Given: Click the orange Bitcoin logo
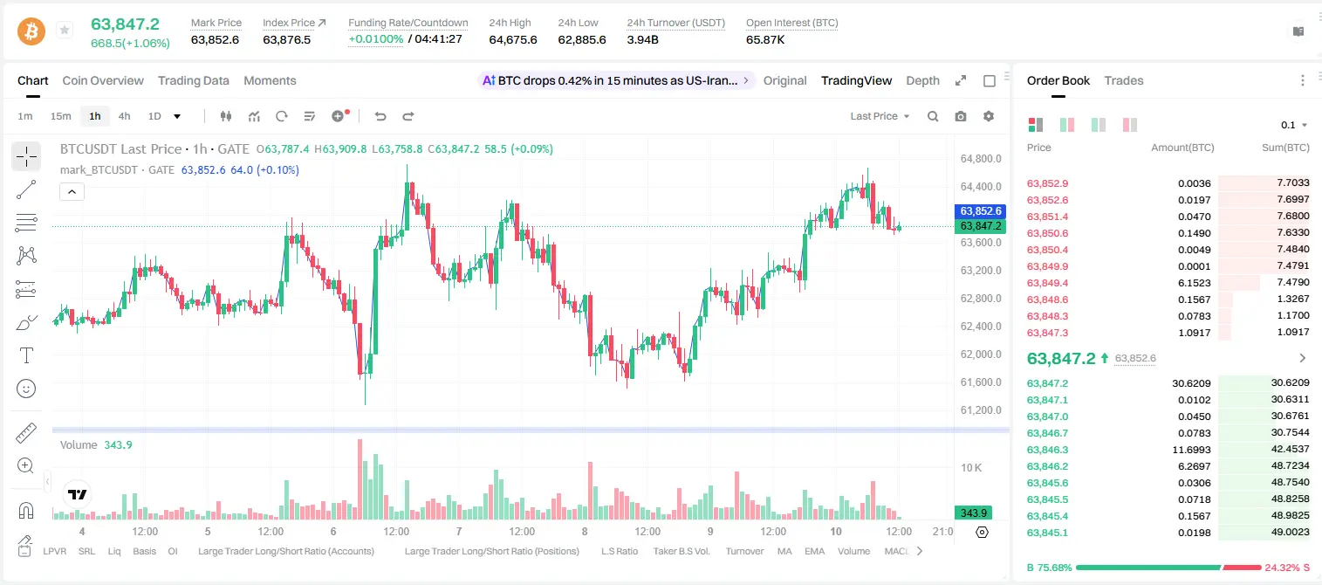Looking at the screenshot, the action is (31, 31).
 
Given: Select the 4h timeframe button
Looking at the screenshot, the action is (124, 116).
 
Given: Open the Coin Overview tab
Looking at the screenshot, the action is (103, 80).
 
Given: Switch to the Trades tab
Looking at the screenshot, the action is (1124, 80).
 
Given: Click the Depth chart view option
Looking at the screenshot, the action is (922, 80).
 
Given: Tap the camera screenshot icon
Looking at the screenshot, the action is (961, 116).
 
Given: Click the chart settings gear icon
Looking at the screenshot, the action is (989, 116).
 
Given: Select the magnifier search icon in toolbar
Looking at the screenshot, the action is (933, 116).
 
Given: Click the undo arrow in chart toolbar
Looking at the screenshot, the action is (380, 116).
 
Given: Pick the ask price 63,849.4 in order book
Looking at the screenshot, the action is (1048, 283).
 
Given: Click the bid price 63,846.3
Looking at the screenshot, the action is (1048, 450).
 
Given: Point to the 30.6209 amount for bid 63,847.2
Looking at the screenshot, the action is (1191, 383).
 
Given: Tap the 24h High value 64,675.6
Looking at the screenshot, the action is (513, 39).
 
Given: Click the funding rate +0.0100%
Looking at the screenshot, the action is (376, 39).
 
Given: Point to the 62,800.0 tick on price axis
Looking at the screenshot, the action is (981, 298).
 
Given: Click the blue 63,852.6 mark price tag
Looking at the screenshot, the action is (980, 210).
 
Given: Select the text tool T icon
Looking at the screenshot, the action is (26, 355).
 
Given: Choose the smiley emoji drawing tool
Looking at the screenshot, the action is (26, 389).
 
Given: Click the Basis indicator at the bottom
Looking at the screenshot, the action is (144, 551).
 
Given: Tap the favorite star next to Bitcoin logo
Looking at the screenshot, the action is (65, 30).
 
